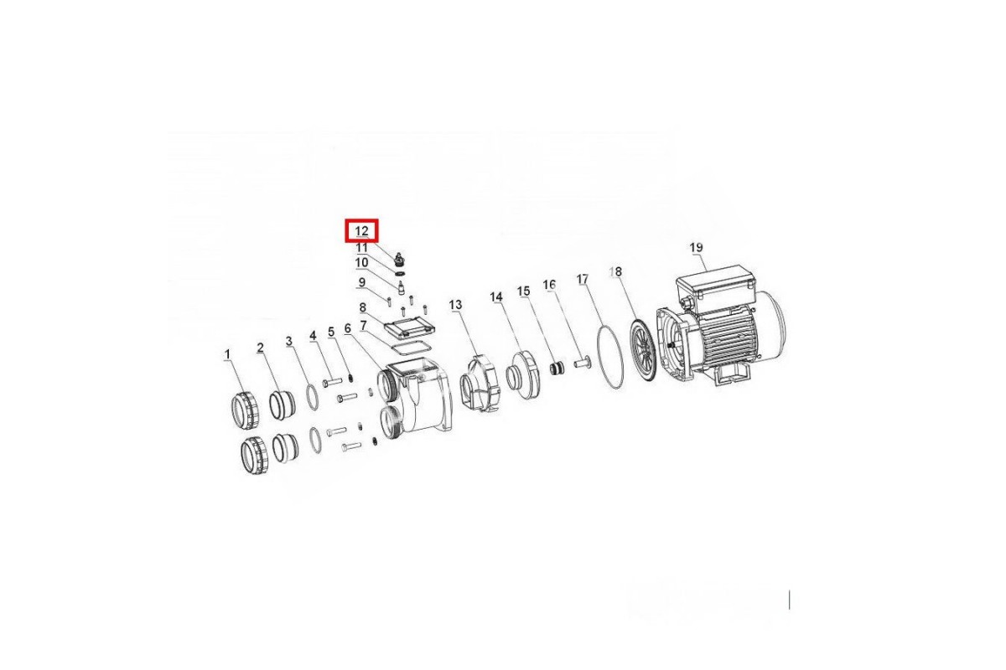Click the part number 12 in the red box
(361, 231)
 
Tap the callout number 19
(696, 247)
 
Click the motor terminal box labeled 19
(715, 286)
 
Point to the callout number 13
(455, 305)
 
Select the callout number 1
(227, 354)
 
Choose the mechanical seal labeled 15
(557, 368)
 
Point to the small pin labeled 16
(583, 362)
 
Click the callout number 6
(347, 329)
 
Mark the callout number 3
(288, 342)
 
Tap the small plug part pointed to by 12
(398, 260)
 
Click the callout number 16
(549, 285)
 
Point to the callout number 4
(313, 335)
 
